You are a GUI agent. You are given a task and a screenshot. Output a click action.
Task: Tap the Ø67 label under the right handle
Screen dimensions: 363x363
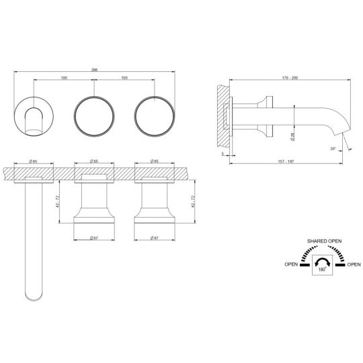click(155, 236)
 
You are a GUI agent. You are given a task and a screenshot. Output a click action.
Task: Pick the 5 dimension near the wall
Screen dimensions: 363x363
click(223, 153)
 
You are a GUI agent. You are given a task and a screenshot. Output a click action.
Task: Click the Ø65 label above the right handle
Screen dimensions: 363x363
click(155, 162)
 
